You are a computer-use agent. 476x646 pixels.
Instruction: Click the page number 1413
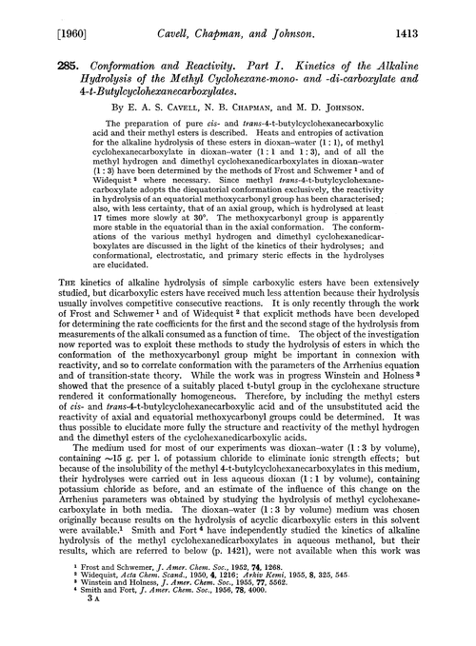click(x=444, y=12)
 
